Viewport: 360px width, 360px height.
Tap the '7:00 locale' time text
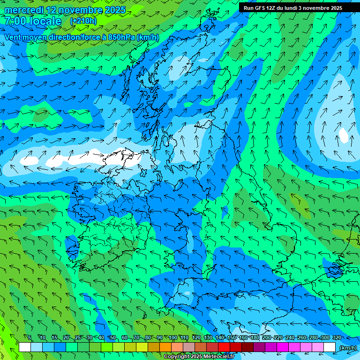(33, 21)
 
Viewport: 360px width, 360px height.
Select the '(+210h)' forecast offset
(83, 21)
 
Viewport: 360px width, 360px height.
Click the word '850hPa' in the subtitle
(120, 37)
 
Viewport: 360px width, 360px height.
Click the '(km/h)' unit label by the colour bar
(347, 347)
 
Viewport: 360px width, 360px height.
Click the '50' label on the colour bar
(113, 337)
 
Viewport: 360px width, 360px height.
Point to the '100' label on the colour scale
(172, 337)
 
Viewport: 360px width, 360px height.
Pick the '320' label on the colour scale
(337, 337)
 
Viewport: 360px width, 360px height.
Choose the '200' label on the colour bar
(266, 337)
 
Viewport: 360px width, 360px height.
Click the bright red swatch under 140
(224, 347)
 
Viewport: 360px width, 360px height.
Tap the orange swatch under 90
(165, 347)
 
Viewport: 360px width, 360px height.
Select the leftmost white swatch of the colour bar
(25, 347)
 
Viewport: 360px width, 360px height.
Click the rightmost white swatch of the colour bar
(330, 347)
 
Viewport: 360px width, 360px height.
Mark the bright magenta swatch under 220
(283, 347)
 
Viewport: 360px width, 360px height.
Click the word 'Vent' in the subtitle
(13, 37)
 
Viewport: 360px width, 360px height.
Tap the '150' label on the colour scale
(231, 337)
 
